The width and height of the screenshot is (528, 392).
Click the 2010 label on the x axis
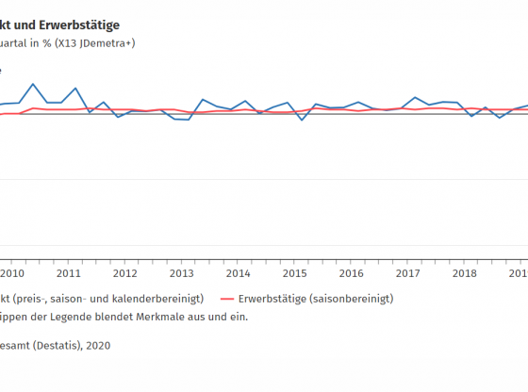12,273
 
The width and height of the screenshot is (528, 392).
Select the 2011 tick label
69,273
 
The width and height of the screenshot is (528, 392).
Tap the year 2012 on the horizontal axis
125,273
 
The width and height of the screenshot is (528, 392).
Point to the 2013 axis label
182,273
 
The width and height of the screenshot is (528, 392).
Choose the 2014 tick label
239,273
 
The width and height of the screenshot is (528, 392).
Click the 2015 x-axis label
295,273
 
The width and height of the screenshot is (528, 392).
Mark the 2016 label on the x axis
352,273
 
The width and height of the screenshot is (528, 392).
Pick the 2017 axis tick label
408,273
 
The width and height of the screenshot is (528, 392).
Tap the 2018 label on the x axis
465,273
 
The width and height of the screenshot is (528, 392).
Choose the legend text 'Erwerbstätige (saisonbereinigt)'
316,298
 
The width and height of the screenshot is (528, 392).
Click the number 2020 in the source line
98,345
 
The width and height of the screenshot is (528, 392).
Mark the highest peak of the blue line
34,84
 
